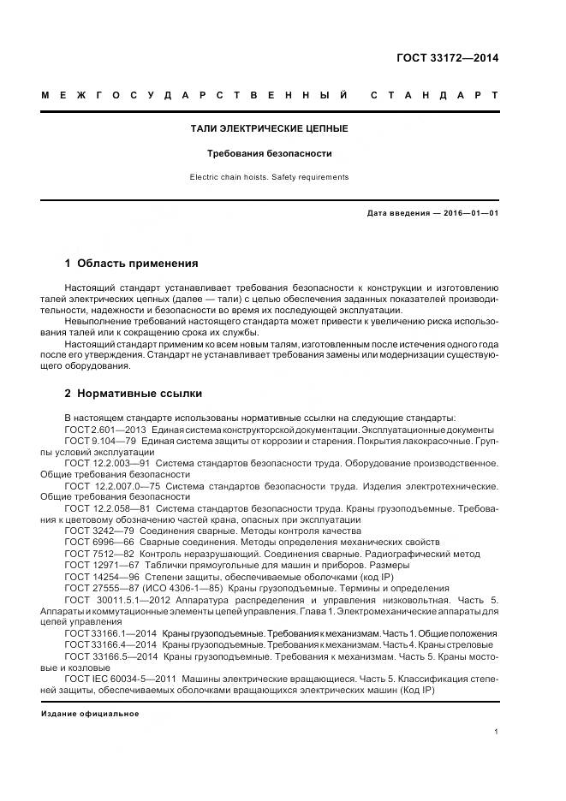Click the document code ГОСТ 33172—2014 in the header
447,59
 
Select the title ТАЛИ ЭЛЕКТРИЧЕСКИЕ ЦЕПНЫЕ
268,128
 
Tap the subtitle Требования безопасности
269,154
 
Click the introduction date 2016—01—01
468,213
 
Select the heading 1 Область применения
131,264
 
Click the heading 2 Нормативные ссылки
134,394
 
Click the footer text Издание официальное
90,713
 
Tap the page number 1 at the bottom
497,732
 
